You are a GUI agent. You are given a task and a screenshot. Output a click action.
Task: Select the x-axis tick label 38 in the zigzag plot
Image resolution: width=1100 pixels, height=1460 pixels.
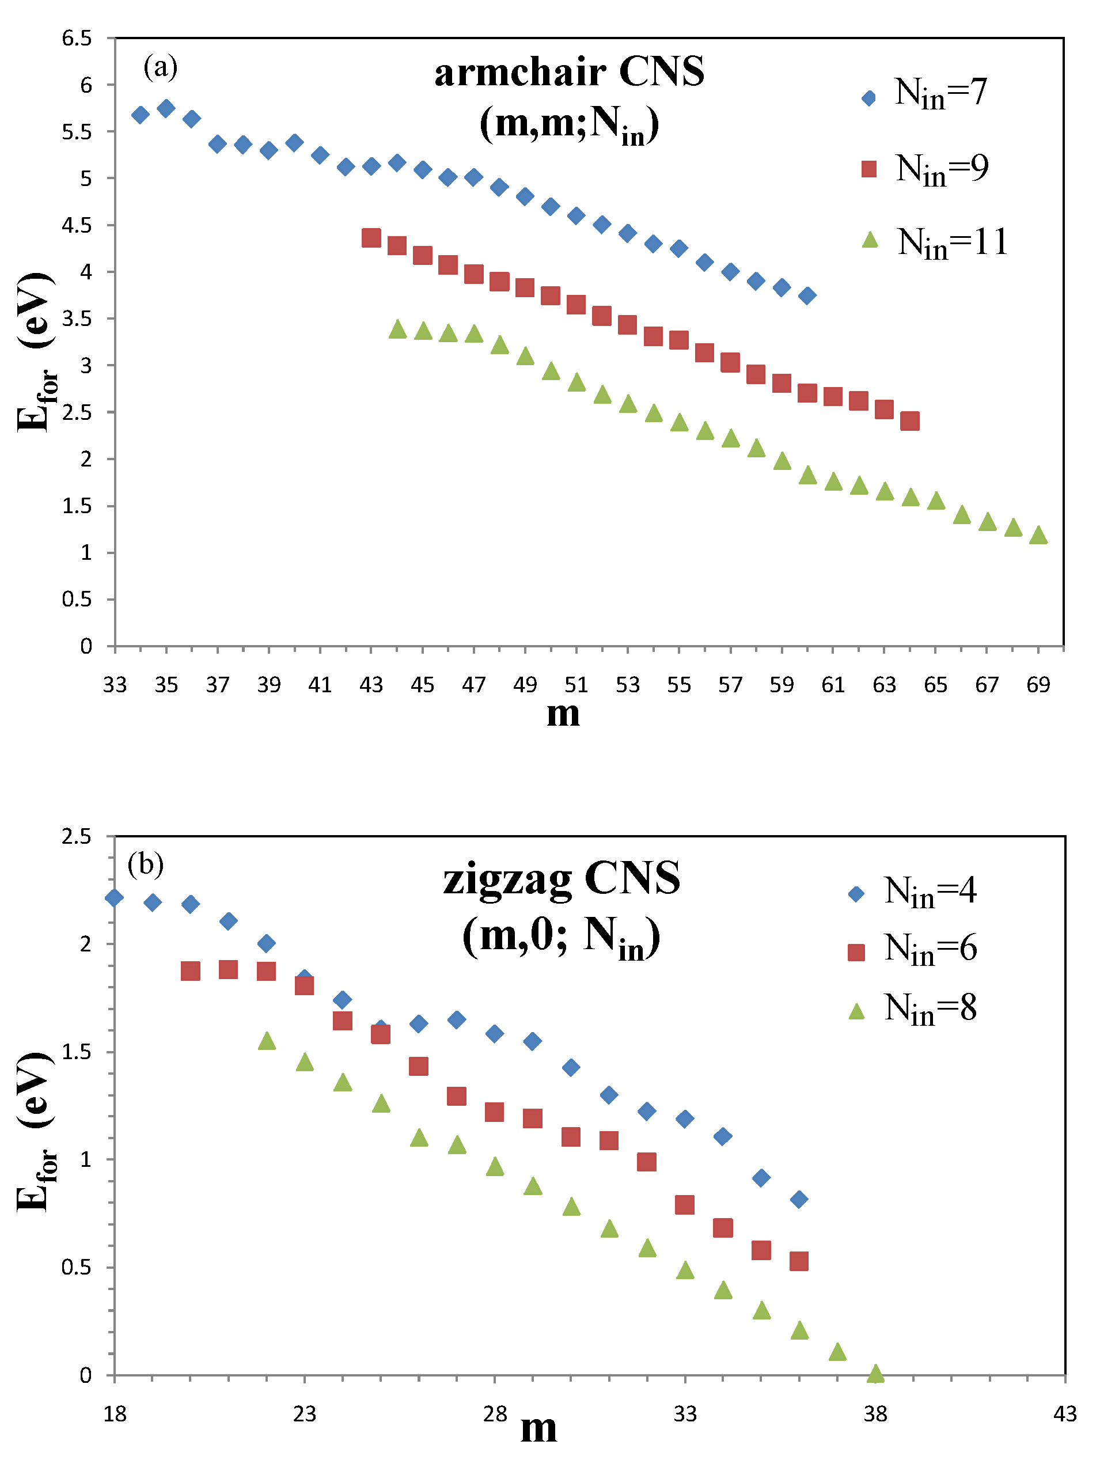click(875, 1414)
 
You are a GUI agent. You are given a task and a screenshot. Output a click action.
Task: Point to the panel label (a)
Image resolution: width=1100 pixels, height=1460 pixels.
click(160, 67)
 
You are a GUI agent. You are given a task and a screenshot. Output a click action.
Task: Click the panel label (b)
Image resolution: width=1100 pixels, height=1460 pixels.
click(145, 864)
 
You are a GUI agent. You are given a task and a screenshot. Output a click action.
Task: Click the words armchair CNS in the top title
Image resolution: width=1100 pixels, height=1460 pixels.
click(569, 72)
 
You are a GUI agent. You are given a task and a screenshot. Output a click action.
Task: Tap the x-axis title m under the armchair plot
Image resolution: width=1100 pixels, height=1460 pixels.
click(563, 714)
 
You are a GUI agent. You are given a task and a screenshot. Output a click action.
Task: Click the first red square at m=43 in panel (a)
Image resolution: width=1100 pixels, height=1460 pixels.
click(371, 238)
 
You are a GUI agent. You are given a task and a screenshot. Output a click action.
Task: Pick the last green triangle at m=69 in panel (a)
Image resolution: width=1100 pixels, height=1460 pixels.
click(1038, 534)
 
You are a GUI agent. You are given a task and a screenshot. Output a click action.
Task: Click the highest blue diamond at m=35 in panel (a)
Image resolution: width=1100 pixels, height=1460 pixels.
click(166, 108)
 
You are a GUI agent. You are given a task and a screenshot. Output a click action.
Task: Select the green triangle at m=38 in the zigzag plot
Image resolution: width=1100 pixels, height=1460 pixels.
click(875, 1374)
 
